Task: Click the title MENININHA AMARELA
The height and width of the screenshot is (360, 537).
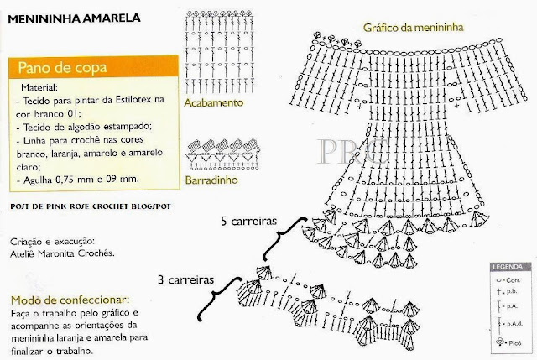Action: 76,16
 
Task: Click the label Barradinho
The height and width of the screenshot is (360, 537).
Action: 213,180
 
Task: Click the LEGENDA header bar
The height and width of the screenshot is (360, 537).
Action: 508,264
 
